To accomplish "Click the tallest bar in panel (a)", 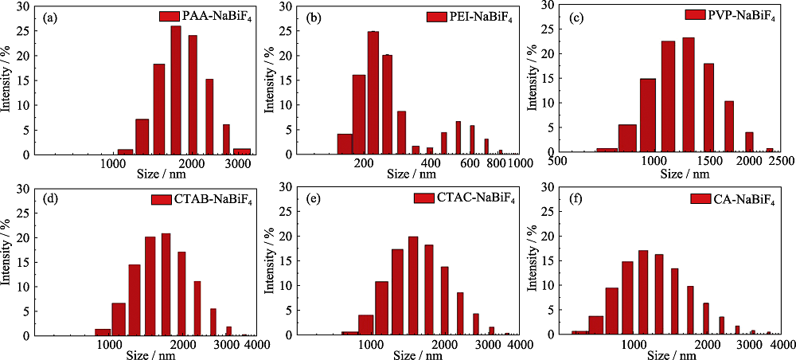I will [x=176, y=91].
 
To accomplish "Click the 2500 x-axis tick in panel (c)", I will [x=781, y=158].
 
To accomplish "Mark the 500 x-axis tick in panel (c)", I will [x=558, y=158].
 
